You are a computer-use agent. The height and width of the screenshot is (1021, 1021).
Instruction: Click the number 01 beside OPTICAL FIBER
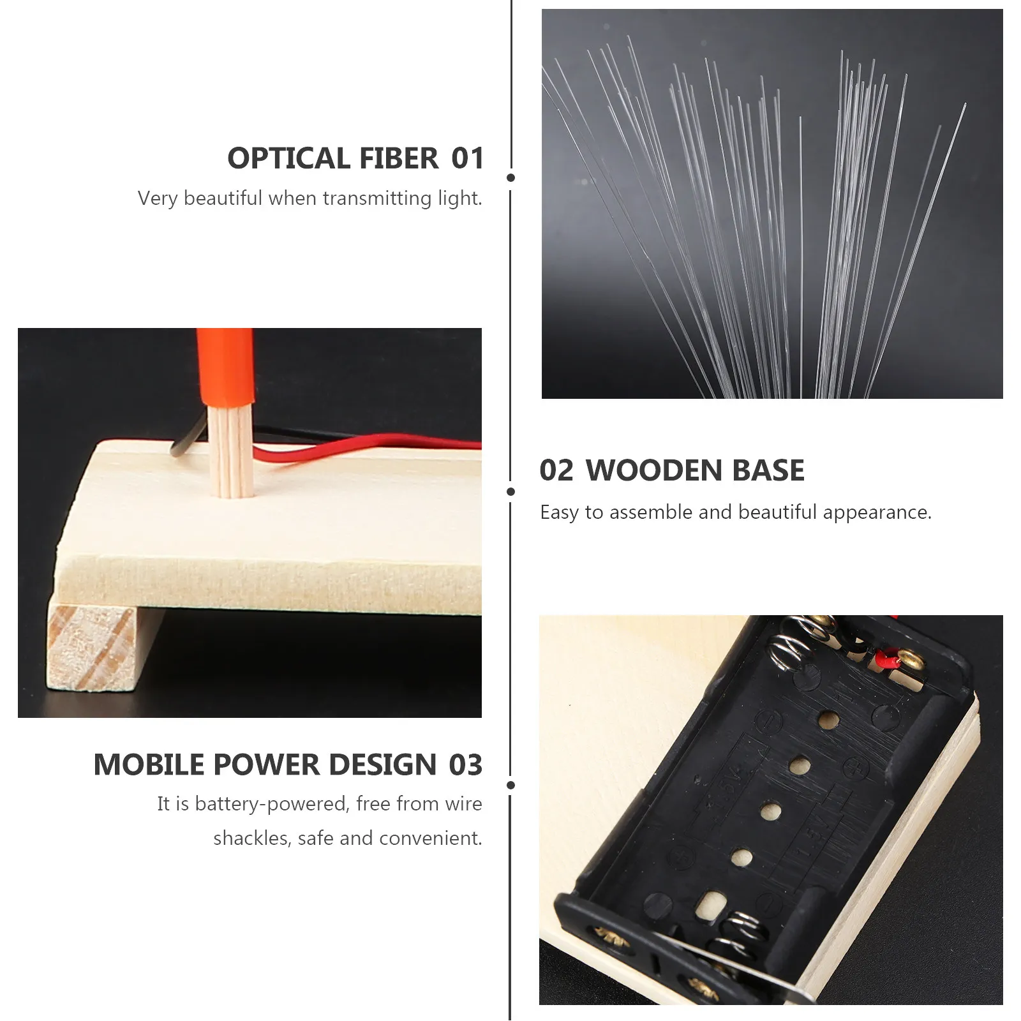(468, 158)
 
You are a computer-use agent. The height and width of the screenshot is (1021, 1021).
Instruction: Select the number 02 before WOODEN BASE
(556, 470)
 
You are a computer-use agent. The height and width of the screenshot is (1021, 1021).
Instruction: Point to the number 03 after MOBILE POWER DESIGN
(465, 764)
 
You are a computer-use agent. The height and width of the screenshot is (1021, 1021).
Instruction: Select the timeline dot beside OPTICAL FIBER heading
(511, 177)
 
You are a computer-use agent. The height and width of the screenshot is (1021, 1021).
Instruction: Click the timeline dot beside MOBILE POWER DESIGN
(511, 785)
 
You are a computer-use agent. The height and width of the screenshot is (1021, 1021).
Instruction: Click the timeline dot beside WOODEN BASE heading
(511, 491)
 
